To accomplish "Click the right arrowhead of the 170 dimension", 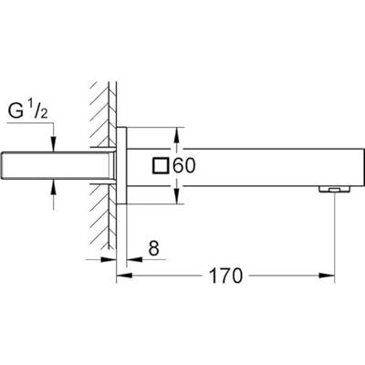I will coord(331,273).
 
